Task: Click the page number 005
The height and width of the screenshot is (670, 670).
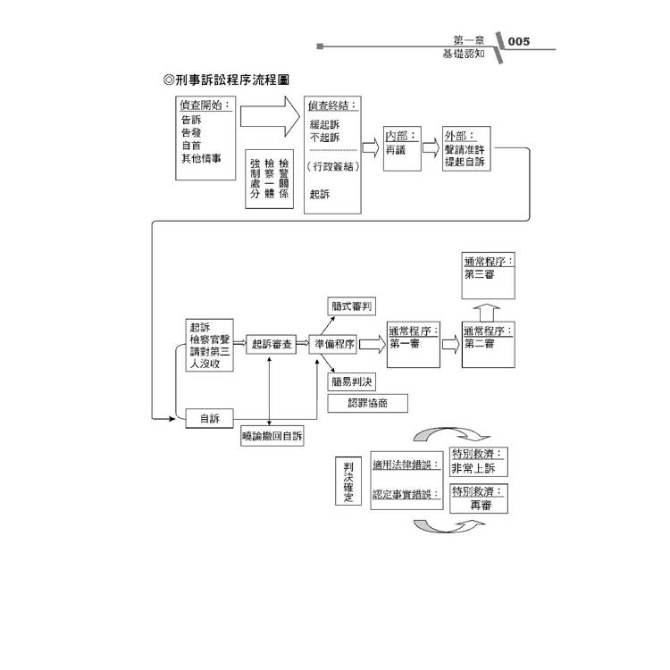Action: (518, 41)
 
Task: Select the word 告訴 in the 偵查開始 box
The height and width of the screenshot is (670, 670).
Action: (190, 120)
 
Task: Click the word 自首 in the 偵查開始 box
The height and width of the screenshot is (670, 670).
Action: (190, 145)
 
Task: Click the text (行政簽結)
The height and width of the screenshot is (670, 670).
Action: (331, 167)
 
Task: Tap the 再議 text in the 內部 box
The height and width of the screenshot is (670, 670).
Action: (396, 152)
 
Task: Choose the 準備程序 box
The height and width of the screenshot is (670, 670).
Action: (334, 344)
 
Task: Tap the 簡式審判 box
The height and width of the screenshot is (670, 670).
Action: (351, 306)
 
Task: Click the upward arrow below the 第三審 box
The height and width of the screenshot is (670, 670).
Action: (488, 313)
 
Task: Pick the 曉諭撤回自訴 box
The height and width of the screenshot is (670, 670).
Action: (272, 437)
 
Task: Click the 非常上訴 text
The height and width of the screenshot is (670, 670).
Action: (479, 468)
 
